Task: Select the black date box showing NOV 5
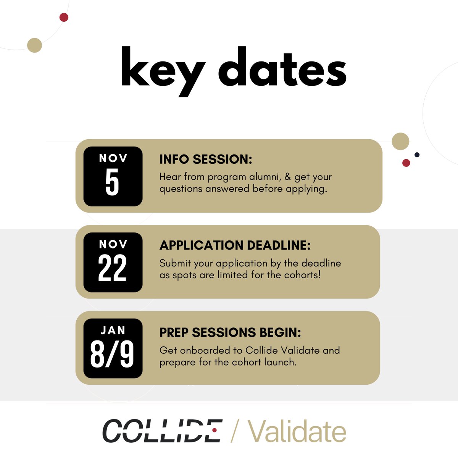[113, 176]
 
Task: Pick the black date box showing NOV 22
[113, 263]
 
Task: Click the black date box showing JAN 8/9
[113, 348]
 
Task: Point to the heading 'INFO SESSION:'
[206, 160]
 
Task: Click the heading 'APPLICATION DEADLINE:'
[235, 245]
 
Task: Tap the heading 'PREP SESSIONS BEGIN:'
[230, 332]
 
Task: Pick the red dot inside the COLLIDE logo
[214, 430]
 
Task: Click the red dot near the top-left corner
[64, 17]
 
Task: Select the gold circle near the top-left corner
[35, 45]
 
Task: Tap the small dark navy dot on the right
[417, 155]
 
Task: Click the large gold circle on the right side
[400, 141]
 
